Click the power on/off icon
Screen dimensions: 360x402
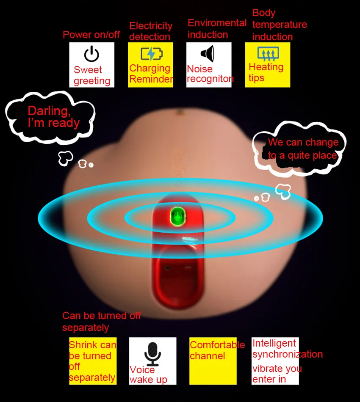[91, 54]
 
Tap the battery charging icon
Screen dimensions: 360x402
[151, 54]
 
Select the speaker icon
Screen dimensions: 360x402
[208, 54]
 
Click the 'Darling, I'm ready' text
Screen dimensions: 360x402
[53, 117]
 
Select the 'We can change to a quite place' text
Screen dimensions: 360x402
[303, 149]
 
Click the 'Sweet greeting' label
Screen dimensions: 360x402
[91, 75]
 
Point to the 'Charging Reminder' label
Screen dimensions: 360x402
[151, 74]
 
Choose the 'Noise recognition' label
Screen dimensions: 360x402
[210, 74]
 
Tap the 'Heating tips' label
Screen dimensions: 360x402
[266, 72]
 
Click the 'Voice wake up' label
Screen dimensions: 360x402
[148, 374]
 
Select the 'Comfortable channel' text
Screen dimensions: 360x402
[217, 350]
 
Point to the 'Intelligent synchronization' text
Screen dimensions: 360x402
[287, 348]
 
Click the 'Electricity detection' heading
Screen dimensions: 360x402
[150, 31]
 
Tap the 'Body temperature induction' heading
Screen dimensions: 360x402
[279, 25]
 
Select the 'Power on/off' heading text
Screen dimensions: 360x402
[91, 35]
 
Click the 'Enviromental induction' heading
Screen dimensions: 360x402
[216, 28]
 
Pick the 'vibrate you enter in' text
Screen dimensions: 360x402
[277, 374]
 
